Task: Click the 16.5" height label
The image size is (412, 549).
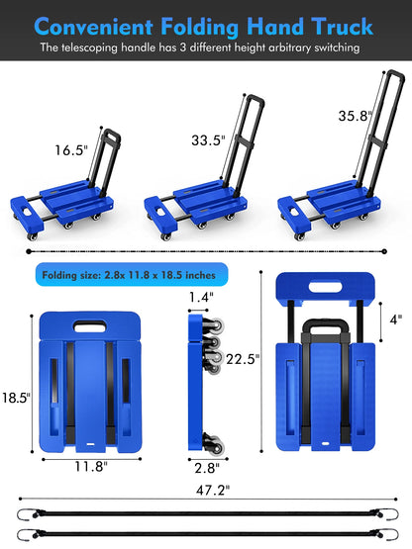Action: (70, 151)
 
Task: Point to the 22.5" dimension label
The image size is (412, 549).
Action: (242, 358)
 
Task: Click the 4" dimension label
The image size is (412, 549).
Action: (395, 320)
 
